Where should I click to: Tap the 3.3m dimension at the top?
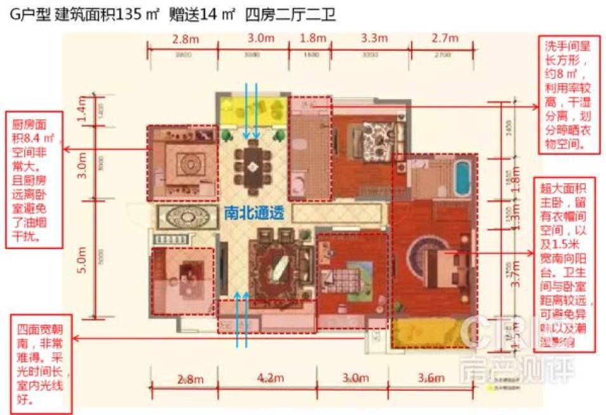(374, 39)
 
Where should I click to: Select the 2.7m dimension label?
(444, 39)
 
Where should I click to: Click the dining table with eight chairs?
(252, 167)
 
